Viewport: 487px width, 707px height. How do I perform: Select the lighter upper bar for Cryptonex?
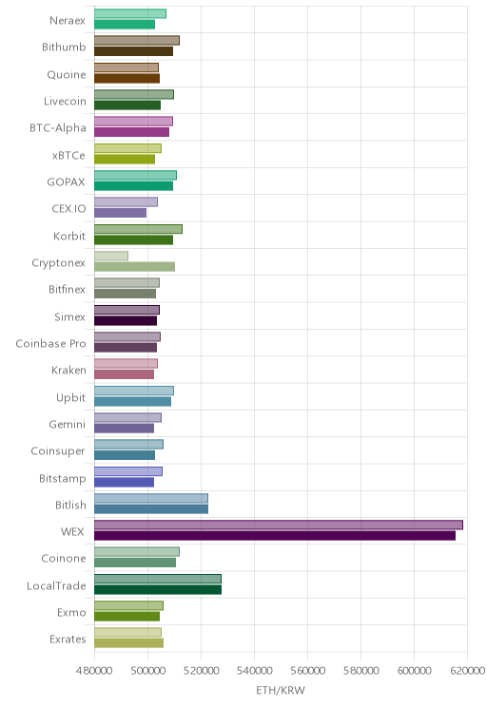111,256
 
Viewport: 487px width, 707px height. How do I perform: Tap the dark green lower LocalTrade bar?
158,589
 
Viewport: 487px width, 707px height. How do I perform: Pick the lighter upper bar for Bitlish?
151,498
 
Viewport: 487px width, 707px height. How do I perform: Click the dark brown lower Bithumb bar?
133,51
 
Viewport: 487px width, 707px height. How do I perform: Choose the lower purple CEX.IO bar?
121,213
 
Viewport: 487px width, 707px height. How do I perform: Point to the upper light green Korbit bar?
138,229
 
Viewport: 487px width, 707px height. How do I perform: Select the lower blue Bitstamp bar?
124,482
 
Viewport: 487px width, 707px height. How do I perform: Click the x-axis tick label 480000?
94,671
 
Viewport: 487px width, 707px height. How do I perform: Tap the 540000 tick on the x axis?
255,671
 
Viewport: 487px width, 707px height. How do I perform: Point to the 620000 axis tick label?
468,671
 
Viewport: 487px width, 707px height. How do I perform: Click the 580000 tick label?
361,671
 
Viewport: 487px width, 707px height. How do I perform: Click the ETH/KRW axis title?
281,690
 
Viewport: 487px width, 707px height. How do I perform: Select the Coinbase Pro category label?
50,344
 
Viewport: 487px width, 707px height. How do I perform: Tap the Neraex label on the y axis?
68,20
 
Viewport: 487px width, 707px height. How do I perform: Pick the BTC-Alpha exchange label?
58,128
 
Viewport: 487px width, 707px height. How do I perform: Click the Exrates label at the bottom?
68,639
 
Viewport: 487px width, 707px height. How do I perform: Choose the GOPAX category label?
66,182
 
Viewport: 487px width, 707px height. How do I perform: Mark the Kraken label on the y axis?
68,371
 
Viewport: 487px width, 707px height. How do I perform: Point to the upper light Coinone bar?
137,552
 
